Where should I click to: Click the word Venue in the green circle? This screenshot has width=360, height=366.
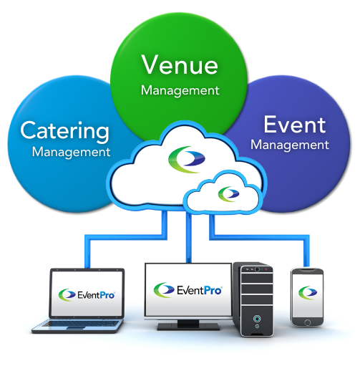(x=179, y=64)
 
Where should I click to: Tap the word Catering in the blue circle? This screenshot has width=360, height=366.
(x=65, y=131)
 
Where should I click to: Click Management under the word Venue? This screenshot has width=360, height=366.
(x=180, y=91)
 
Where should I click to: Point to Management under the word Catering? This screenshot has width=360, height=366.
(x=71, y=152)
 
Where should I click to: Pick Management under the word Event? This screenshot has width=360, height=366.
(x=291, y=145)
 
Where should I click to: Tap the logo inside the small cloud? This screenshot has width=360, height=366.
(x=228, y=193)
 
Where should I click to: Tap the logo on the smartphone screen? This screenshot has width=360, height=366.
(x=308, y=292)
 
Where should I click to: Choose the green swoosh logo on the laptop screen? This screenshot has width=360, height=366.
(x=69, y=294)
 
